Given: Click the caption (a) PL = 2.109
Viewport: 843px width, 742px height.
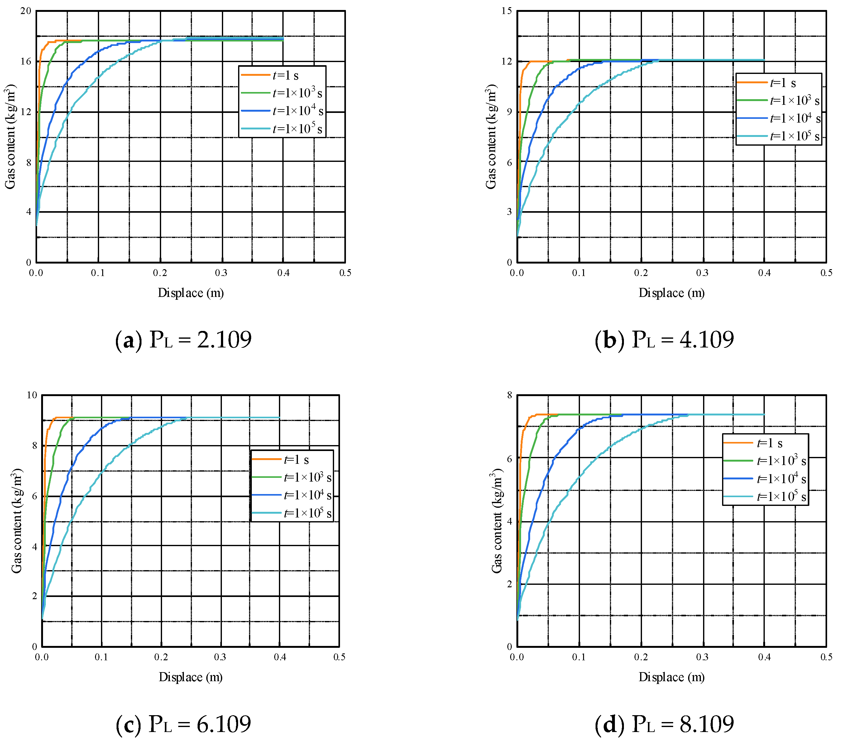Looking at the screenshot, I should (183, 340).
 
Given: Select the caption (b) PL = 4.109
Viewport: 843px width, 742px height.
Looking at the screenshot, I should (664, 340).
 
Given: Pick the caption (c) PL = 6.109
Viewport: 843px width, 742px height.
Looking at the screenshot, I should (183, 724).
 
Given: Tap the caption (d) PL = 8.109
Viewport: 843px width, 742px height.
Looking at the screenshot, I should (664, 724).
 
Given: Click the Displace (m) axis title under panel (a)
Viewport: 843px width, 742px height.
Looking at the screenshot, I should (190, 293).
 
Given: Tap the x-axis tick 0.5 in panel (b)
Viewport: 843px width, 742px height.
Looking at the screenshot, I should (826, 273).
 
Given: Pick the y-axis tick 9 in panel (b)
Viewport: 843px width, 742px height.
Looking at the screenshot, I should (509, 112).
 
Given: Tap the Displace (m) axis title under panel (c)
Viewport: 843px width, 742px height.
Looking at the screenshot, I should (190, 677).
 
